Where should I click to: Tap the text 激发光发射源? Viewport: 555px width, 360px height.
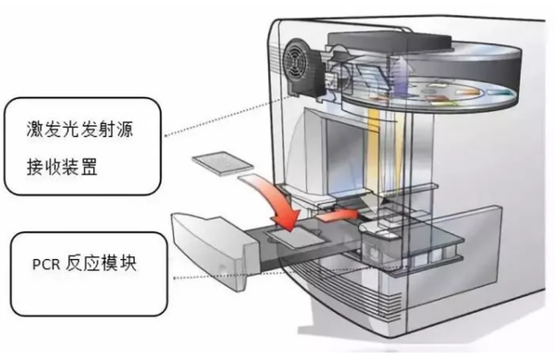click(x=76, y=125)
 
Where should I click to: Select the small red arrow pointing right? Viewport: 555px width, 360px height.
click(x=344, y=212)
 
